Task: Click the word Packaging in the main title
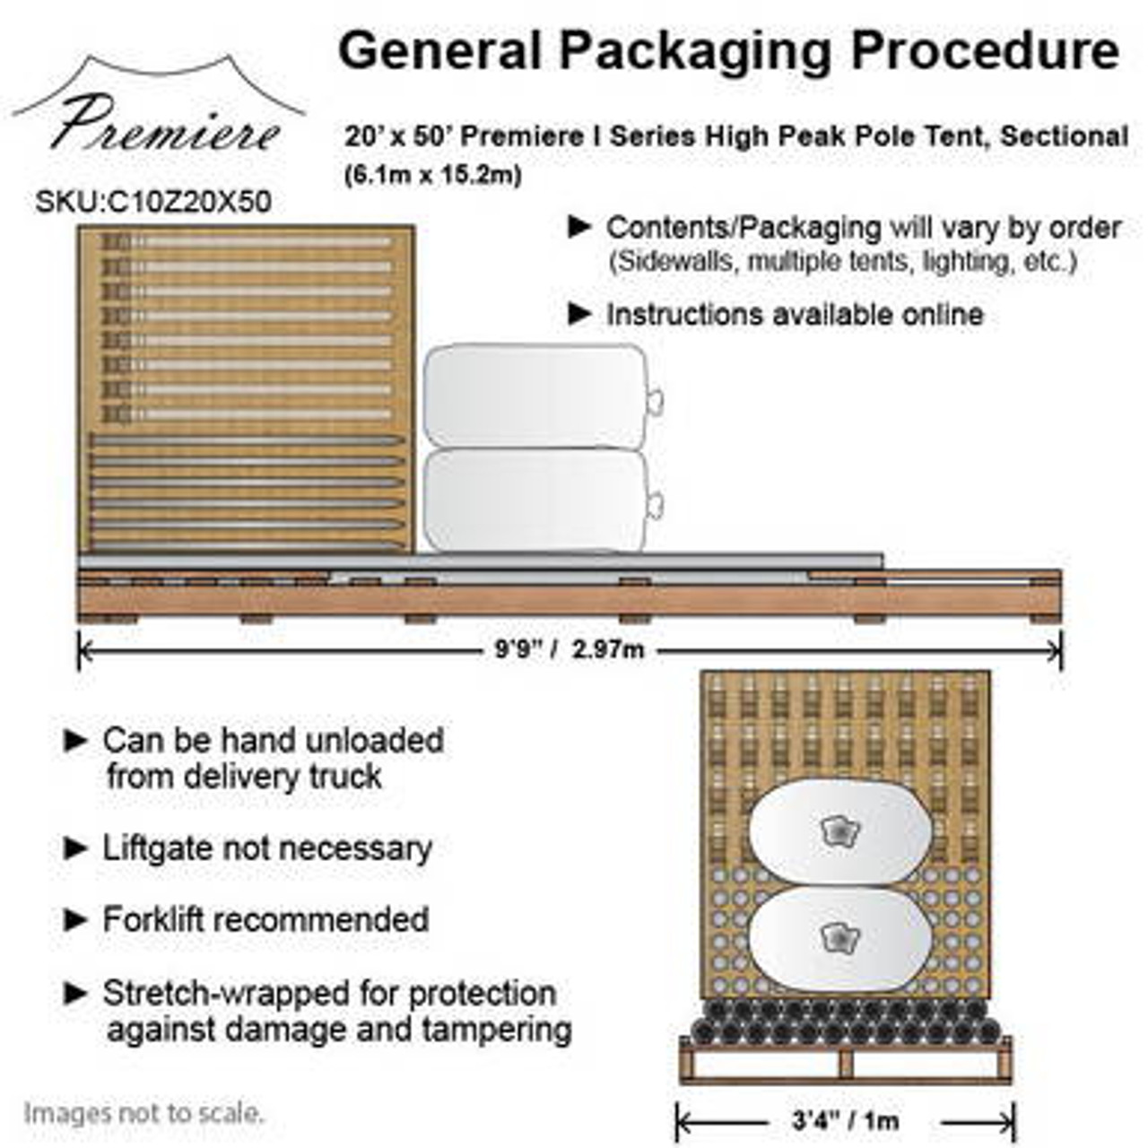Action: (696, 52)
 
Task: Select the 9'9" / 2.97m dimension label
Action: (570, 648)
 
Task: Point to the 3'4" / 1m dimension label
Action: (845, 1120)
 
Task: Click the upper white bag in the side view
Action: (536, 396)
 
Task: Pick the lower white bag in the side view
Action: (536, 500)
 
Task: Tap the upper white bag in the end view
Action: (839, 831)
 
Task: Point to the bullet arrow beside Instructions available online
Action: (581, 314)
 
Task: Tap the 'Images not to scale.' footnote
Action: (143, 1114)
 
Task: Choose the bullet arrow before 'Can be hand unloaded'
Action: (76, 741)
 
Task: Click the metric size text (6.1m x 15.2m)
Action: (432, 175)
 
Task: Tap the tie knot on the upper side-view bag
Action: (655, 396)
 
